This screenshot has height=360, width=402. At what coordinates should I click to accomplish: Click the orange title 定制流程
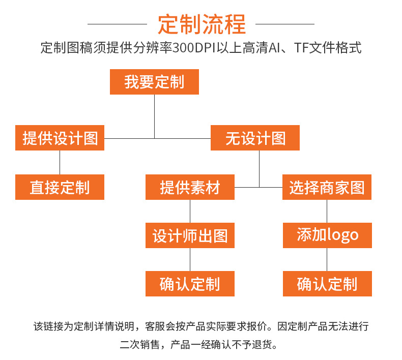click(202, 24)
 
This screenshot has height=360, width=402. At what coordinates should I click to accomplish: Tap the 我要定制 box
click(154, 82)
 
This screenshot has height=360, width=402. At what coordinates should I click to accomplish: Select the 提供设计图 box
click(60, 138)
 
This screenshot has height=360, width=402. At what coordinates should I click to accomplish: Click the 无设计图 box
click(255, 138)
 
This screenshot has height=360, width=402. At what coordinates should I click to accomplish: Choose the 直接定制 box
click(60, 187)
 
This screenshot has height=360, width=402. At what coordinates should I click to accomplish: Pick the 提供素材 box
click(190, 187)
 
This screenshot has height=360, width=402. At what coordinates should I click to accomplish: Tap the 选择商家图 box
click(327, 187)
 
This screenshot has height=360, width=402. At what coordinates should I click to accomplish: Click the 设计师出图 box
click(190, 235)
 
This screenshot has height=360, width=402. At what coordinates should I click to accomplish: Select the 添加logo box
click(327, 235)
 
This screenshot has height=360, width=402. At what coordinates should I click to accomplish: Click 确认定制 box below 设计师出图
click(190, 284)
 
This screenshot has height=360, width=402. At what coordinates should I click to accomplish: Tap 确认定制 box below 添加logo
click(327, 284)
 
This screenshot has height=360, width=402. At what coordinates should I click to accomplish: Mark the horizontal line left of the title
click(117, 24)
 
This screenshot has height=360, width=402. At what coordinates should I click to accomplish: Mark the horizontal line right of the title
click(284, 24)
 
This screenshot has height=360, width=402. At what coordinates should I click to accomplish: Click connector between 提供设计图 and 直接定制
click(60, 162)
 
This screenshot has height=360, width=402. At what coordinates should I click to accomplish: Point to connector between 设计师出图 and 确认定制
click(190, 259)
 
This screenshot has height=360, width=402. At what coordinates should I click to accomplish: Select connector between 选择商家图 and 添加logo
click(327, 211)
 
